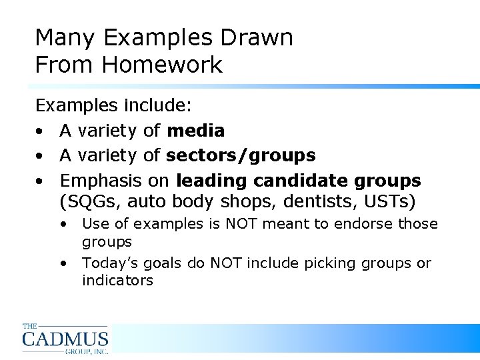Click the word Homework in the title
(162, 65)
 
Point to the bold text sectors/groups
(241, 156)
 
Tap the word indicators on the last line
(117, 281)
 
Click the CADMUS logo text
(65, 339)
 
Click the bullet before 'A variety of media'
(41, 131)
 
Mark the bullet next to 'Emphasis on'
(41, 181)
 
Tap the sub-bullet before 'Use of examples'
(64, 225)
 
